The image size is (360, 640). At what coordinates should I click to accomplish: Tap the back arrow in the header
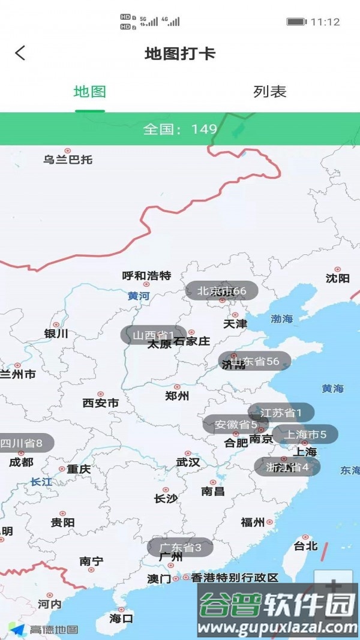click(x=20, y=53)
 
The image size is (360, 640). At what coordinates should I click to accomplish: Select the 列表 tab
click(x=270, y=92)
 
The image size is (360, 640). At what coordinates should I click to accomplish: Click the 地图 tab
click(x=90, y=92)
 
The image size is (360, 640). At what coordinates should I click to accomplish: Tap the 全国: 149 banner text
click(x=180, y=129)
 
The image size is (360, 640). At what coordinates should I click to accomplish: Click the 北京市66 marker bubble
click(x=221, y=291)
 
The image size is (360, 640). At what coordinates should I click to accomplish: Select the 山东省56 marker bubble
click(x=254, y=361)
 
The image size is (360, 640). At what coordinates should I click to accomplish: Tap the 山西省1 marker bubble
click(x=154, y=335)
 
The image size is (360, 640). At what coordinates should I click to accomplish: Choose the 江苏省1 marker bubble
click(x=281, y=413)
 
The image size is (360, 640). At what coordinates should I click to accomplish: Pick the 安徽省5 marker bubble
click(x=235, y=425)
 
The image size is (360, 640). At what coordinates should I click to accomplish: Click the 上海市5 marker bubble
click(x=305, y=434)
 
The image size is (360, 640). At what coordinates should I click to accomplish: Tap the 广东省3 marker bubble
click(x=180, y=547)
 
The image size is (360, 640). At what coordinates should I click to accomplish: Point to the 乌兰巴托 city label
click(x=68, y=160)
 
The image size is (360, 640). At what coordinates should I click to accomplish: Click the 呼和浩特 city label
click(x=146, y=276)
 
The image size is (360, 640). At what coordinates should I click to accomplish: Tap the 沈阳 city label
click(x=337, y=278)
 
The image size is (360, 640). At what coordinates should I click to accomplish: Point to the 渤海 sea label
click(x=281, y=319)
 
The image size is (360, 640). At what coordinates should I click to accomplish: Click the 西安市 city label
click(x=100, y=403)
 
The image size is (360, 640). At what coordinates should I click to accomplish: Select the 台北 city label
click(x=305, y=546)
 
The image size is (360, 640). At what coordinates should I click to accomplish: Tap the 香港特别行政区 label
click(x=235, y=578)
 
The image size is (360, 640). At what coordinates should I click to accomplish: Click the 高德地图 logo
click(x=45, y=629)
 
